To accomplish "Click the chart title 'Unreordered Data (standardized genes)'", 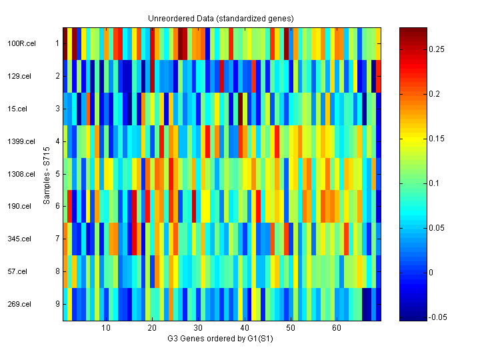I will (x=221, y=18).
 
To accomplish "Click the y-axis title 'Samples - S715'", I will (x=47, y=174).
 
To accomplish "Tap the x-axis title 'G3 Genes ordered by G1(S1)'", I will (x=221, y=339).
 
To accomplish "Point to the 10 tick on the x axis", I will (x=105, y=328).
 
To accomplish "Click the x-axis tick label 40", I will (x=244, y=328).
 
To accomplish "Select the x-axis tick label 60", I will (x=337, y=328).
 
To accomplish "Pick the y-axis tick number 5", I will (x=57, y=174).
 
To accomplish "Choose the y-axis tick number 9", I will (x=57, y=304).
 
